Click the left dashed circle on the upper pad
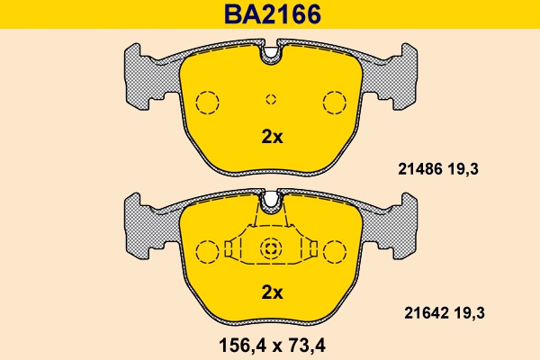pos(208,102)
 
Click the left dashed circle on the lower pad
pos(208,250)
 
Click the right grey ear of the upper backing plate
pos(404,76)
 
